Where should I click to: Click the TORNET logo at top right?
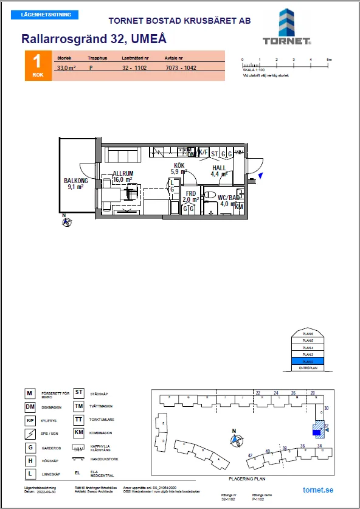(x=287, y=28)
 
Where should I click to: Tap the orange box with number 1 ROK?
(x=37, y=66)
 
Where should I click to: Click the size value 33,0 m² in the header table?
(x=66, y=69)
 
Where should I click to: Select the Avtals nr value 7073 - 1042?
(x=181, y=69)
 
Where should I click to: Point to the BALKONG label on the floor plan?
(x=76, y=181)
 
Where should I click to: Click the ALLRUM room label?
(x=122, y=173)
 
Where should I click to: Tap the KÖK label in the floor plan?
(x=179, y=165)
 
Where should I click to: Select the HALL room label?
(x=218, y=168)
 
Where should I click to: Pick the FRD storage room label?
(x=191, y=193)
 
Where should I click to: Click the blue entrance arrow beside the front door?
(x=260, y=176)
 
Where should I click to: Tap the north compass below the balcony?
(x=66, y=221)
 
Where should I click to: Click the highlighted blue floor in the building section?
(x=307, y=361)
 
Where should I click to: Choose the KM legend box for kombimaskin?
(x=78, y=432)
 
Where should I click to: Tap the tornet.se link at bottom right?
(x=317, y=490)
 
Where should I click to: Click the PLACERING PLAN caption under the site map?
(x=249, y=479)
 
